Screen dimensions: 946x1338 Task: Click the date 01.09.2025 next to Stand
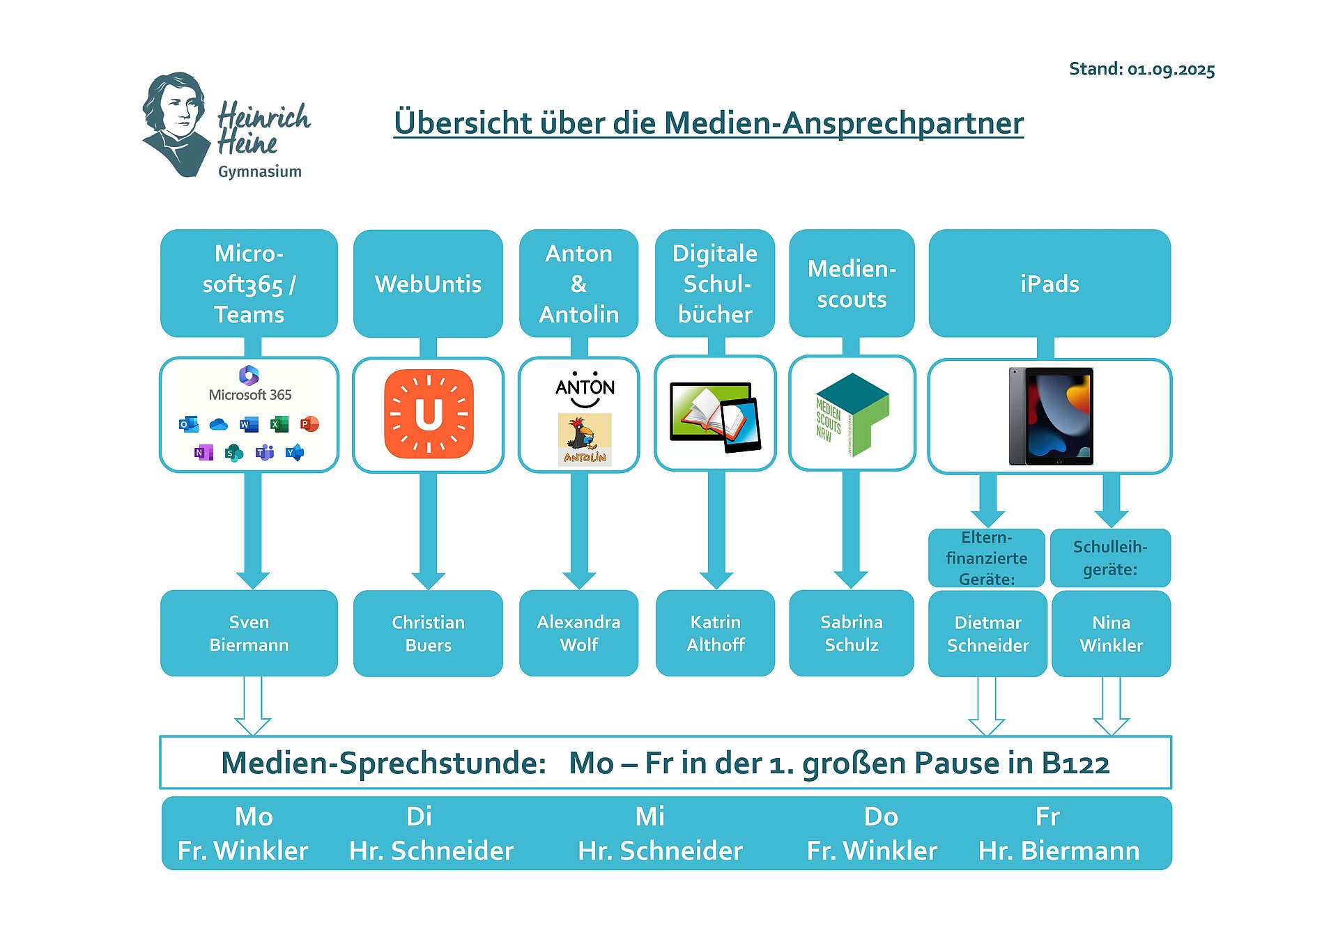tap(1171, 70)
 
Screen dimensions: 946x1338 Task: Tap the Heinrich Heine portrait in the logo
tap(176, 124)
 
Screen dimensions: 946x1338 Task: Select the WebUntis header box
tap(428, 284)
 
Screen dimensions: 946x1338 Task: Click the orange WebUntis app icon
tap(429, 414)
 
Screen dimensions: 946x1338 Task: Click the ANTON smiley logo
tap(585, 389)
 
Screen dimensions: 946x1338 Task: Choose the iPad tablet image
tap(1051, 416)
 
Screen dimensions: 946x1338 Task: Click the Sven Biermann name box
tap(249, 633)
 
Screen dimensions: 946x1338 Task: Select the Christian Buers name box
tap(428, 633)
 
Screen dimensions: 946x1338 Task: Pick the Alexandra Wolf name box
tap(578, 633)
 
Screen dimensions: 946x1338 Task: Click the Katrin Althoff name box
tap(715, 633)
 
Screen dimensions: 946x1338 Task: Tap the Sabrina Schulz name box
tap(851, 633)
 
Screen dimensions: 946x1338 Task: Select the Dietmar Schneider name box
tap(987, 633)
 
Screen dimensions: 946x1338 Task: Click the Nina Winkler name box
tap(1111, 633)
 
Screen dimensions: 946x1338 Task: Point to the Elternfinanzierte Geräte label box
tap(986, 558)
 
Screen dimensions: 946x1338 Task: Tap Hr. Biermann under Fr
tap(1059, 851)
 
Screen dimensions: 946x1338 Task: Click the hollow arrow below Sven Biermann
tap(252, 706)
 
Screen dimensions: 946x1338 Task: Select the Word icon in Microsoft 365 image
tap(248, 424)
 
